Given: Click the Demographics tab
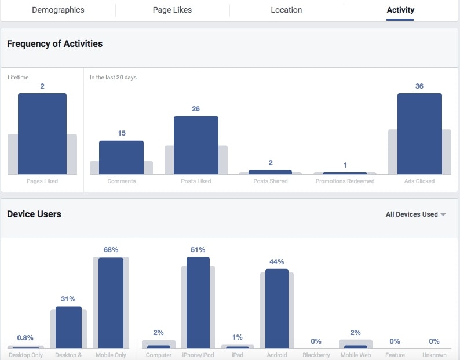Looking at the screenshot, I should (58, 10).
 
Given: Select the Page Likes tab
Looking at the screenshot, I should (172, 10).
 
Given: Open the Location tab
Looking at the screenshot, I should (286, 10).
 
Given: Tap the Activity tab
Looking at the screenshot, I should (400, 10).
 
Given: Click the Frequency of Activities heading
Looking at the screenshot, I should (54, 43).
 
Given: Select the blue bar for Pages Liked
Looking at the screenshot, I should (42, 134).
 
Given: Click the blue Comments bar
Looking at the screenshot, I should (121, 158).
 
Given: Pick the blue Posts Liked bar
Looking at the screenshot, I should (196, 145).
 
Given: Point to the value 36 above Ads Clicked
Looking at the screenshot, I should (419, 86).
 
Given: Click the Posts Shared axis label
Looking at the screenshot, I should (270, 181).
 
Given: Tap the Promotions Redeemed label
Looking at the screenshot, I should (345, 181).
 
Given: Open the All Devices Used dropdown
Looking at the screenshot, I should (415, 214).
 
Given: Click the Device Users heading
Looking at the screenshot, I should (34, 214).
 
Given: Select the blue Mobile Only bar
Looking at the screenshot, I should (111, 303).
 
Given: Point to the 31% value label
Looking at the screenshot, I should (68, 299).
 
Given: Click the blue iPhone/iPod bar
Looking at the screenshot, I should (198, 303).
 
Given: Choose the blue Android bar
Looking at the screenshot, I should (276, 308).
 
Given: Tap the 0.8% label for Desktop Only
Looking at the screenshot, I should (25, 338).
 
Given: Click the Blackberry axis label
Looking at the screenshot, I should (316, 355).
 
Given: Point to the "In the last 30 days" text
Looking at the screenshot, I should (113, 77).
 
